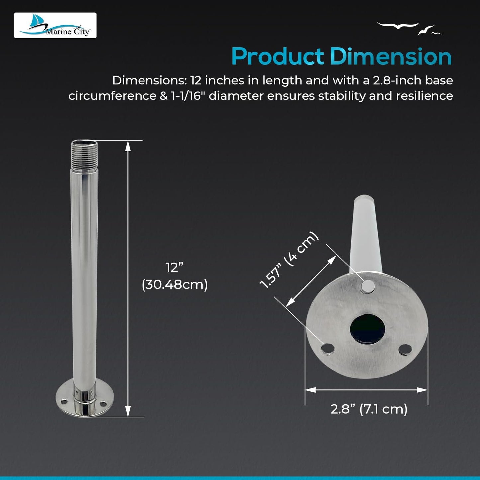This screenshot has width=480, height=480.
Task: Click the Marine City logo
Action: click(55, 25)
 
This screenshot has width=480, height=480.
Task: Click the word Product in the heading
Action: click(277, 56)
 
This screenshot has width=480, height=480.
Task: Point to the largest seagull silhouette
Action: click(398, 25)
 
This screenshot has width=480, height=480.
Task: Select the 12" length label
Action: click(175, 268)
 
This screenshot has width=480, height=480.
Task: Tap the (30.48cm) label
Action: click(175, 284)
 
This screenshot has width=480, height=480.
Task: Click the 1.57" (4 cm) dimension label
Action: click(289, 260)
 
